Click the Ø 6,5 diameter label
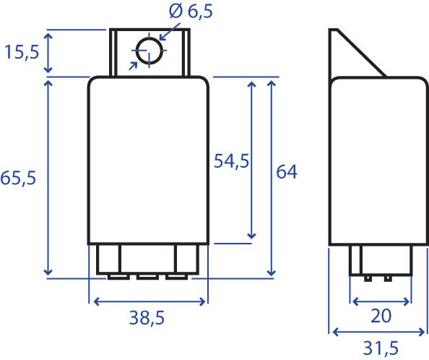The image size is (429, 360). (x=191, y=12)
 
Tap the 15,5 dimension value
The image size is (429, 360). (x=22, y=52)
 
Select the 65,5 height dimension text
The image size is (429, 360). (x=18, y=178)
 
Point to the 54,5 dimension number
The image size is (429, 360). (x=231, y=161)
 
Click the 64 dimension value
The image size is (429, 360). (x=287, y=172)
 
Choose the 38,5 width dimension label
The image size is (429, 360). (x=147, y=318)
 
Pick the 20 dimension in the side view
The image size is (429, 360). (x=381, y=316)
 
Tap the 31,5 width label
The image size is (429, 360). (x=381, y=348)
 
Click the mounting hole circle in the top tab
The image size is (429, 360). (x=149, y=51)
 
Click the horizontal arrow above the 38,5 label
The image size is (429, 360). (x=149, y=301)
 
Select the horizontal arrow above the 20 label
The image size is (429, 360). (x=381, y=301)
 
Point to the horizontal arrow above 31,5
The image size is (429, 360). (x=378, y=332)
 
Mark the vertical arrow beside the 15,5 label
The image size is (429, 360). (x=48, y=53)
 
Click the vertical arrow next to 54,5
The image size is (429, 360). (x=251, y=160)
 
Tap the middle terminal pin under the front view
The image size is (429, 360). (x=147, y=277)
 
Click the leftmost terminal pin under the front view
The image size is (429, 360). (x=118, y=277)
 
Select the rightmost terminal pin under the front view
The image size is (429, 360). (x=177, y=277)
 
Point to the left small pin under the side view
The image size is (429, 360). (x=368, y=279)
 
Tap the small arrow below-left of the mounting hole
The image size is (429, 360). (x=133, y=66)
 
